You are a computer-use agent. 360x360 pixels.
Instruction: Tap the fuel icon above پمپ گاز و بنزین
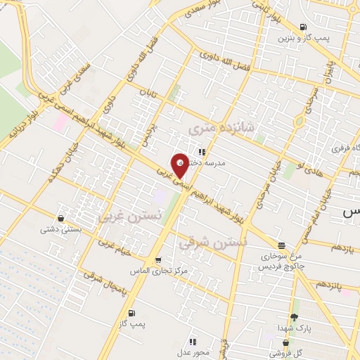[303, 28]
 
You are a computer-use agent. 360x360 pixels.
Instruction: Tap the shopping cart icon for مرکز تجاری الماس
[157, 260]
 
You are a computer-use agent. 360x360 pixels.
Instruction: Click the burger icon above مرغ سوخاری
[281, 245]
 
